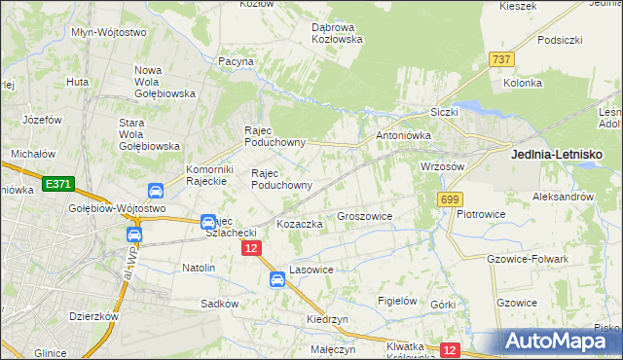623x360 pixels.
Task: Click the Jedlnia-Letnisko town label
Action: [x=557, y=154]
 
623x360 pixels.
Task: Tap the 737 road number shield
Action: [x=502, y=59]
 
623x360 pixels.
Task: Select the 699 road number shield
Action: [x=449, y=198]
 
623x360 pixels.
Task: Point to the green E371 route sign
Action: [x=57, y=183]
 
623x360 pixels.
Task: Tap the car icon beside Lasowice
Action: [x=277, y=280]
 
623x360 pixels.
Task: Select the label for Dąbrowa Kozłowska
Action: [x=337, y=33]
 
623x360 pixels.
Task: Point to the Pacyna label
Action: [x=236, y=61]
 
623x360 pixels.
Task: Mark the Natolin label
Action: [x=199, y=267]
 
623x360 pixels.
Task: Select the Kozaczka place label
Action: [x=300, y=224]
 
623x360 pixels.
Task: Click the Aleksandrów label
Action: [x=563, y=196]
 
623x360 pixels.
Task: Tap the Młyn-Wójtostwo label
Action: [x=109, y=32]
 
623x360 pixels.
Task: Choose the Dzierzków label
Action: [x=93, y=316]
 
